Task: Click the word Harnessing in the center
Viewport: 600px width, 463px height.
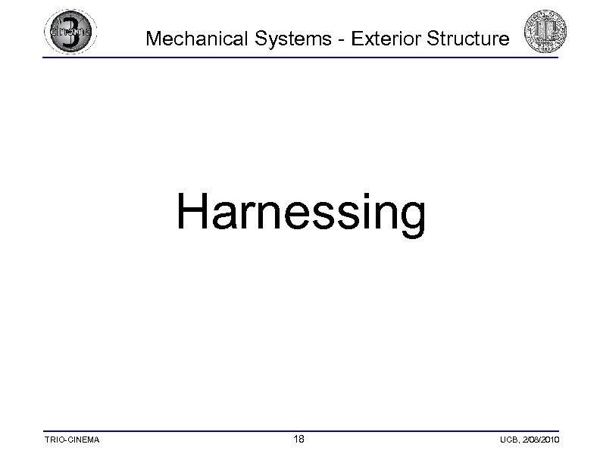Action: point(301,213)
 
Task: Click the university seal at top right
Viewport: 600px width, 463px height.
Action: point(546,32)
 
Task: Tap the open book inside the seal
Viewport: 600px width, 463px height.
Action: point(546,32)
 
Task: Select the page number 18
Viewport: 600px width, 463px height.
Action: point(300,439)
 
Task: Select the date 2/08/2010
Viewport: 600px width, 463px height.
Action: point(542,440)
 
